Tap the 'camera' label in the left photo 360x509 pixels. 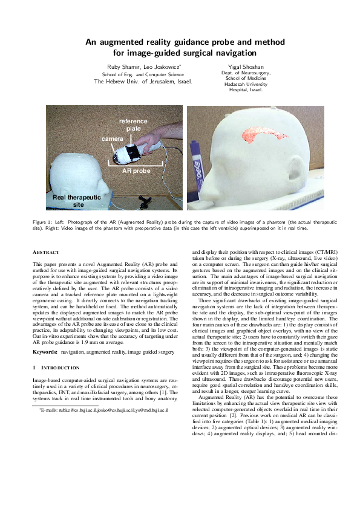(x=112, y=139)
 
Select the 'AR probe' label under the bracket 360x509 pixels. (x=135, y=171)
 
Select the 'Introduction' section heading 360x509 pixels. (x=55, y=368)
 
